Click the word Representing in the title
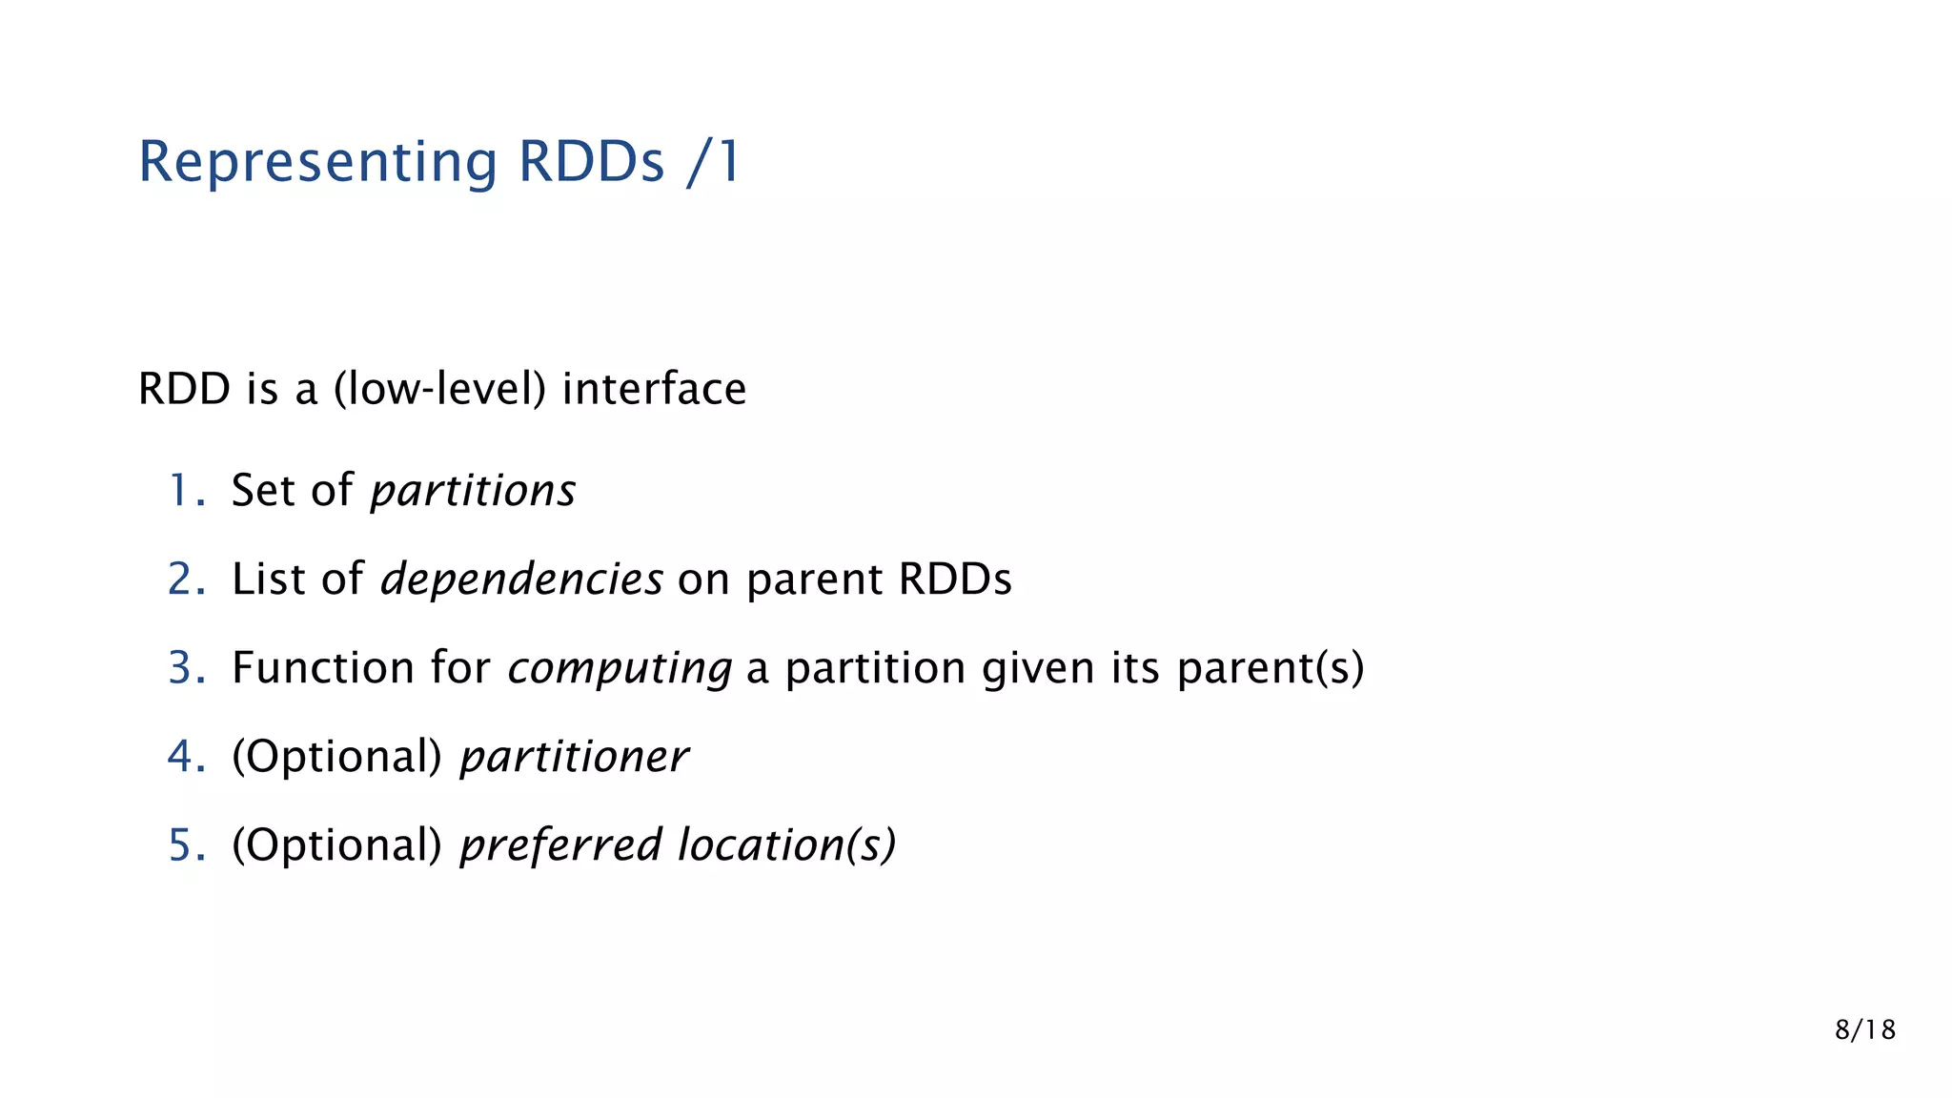[317, 162]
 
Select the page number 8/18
[1864, 1029]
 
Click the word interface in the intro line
[654, 389]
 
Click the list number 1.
[184, 490]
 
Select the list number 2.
[184, 579]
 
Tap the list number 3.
[184, 667]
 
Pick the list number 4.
[184, 756]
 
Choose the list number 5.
[184, 844]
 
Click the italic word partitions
[473, 492]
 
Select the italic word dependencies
[521, 579]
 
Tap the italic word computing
[620, 669]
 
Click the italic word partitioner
[574, 758]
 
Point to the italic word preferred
[560, 845]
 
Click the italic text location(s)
[787, 845]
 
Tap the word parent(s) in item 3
[1271, 668]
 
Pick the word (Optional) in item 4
[336, 757]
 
